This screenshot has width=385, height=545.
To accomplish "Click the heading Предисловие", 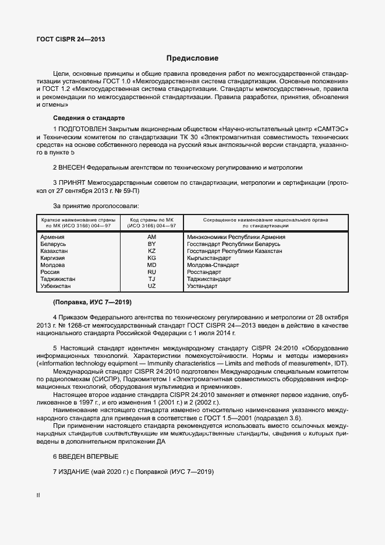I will pyautogui.click(x=192, y=58).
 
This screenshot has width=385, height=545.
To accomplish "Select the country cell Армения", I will pyautogui.click(x=52, y=237).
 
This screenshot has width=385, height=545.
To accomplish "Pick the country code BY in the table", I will pyautogui.click(x=152, y=244).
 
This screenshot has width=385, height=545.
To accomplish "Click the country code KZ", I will pyautogui.click(x=152, y=251).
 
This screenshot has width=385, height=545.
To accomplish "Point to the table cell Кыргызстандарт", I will pyautogui.click(x=209, y=258).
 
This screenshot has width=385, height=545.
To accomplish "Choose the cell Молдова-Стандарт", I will pyautogui.click(x=213, y=265).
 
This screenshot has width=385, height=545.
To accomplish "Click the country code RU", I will pyautogui.click(x=152, y=272).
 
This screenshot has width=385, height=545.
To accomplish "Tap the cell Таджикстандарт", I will pyautogui.click(x=209, y=279).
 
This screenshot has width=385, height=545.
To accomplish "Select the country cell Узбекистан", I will pyautogui.click(x=56, y=286).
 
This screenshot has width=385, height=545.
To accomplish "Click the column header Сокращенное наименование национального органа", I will pyautogui.click(x=265, y=220).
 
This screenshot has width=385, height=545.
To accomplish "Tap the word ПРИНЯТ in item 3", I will pyautogui.click(x=72, y=182).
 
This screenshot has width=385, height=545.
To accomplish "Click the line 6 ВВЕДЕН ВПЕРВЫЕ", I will pyautogui.click(x=86, y=456).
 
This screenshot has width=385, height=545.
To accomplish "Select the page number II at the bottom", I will pyautogui.click(x=38, y=495).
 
